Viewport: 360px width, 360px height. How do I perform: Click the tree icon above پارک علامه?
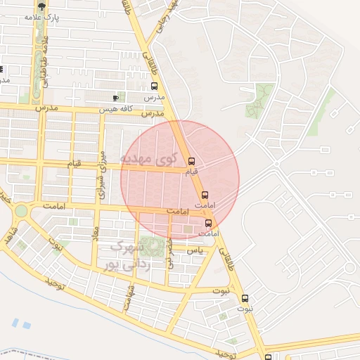click(41, 6)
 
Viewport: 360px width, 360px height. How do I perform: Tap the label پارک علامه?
click(42, 17)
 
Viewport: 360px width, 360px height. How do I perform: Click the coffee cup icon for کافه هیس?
click(116, 98)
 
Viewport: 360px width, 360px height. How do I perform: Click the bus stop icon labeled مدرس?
click(154, 86)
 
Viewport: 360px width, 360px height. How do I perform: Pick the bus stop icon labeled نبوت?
click(245, 298)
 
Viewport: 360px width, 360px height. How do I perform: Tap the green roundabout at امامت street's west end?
click(22, 210)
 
